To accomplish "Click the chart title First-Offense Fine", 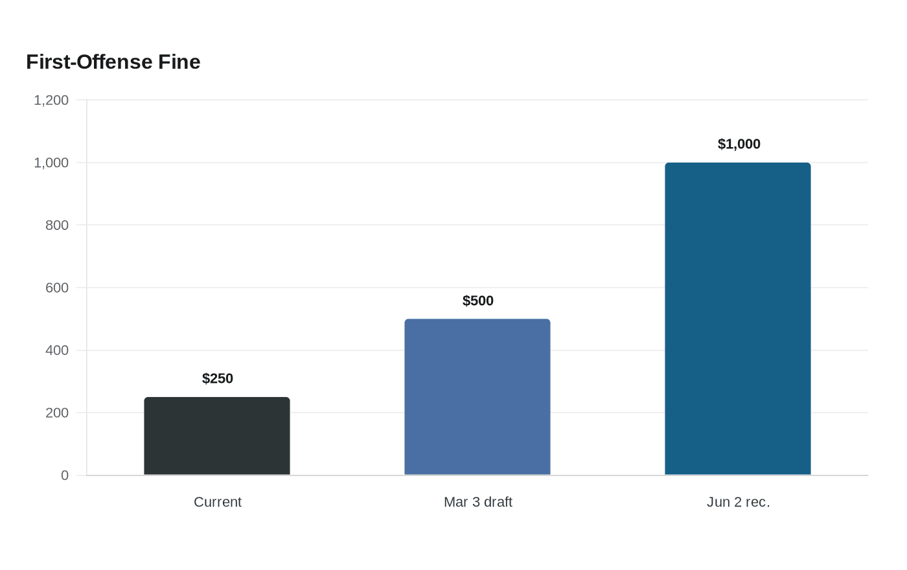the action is [113, 62].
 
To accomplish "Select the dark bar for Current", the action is [217, 436].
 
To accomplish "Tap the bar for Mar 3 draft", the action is [477, 396].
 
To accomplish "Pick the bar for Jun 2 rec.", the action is [738, 319].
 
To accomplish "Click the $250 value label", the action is [218, 378].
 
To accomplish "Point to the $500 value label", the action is [478, 301].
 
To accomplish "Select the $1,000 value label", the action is [739, 144].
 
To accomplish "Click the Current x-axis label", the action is [218, 502].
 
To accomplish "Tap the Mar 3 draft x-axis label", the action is [478, 502].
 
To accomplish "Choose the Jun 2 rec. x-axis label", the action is [738, 502].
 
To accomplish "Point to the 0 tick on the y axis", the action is [65, 475].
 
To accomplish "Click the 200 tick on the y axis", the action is [57, 413].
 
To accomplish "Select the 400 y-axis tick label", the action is [57, 350].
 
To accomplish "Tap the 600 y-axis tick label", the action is [57, 288].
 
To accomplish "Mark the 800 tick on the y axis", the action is [57, 225].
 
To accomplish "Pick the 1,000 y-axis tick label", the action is [51, 163].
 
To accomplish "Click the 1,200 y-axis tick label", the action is [51, 100].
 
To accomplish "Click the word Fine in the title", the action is [179, 62].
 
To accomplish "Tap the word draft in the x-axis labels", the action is [498, 502].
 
